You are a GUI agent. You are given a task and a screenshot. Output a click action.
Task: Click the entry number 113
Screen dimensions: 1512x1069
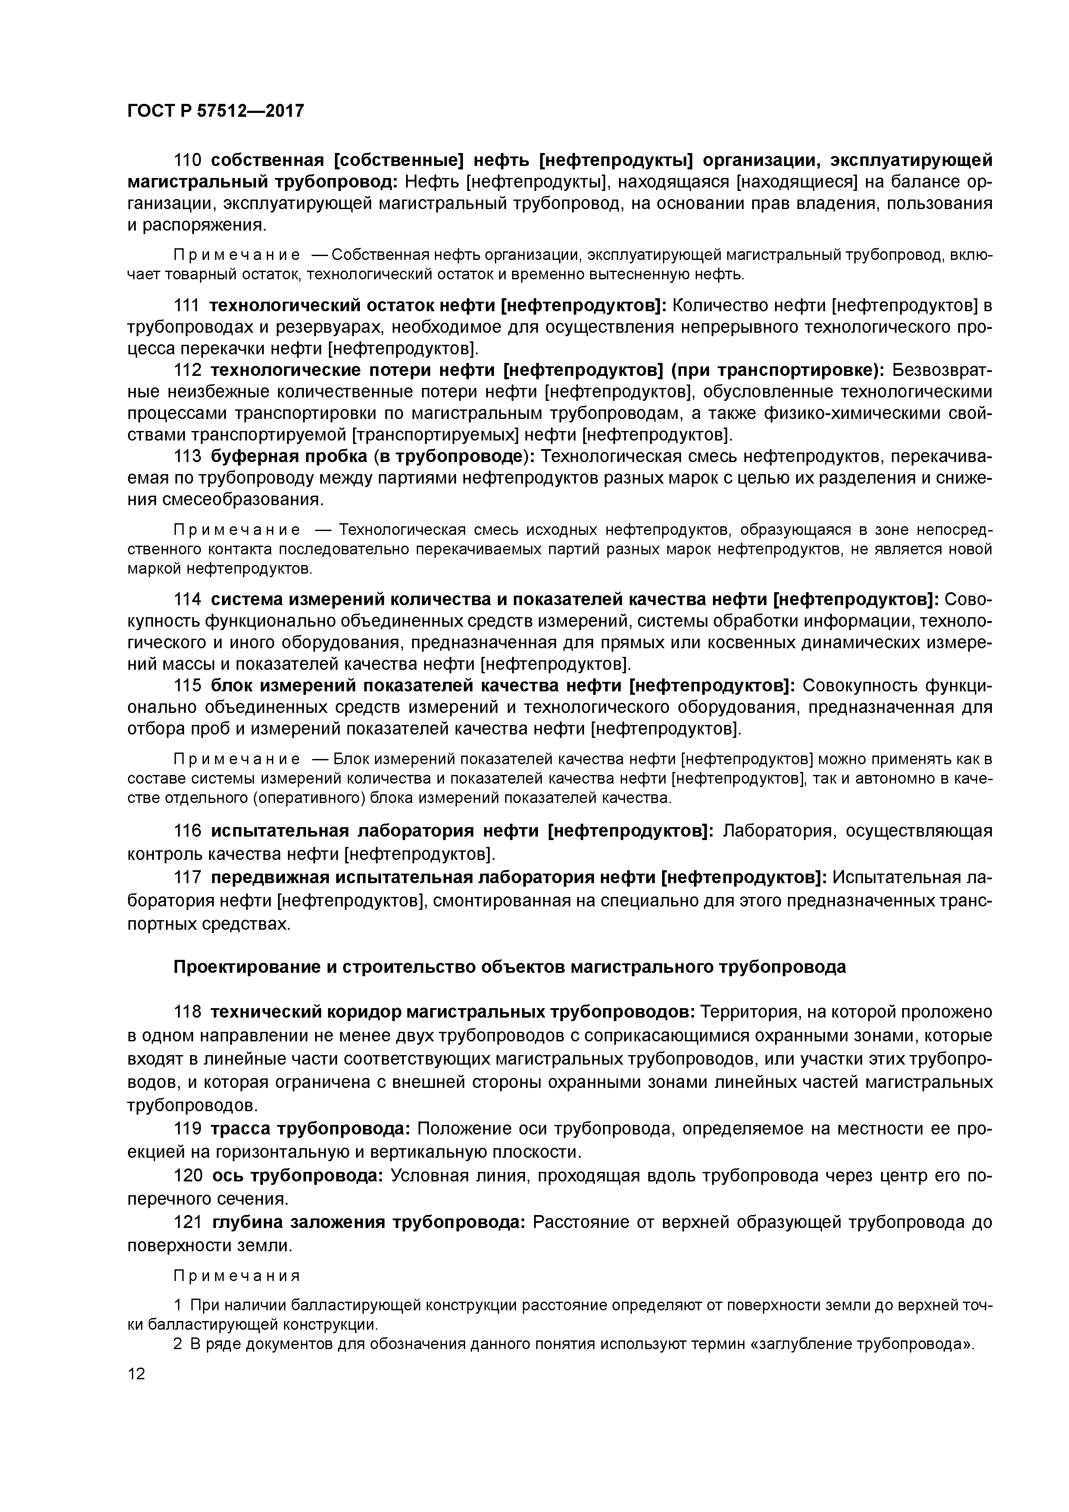coord(187,456)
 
